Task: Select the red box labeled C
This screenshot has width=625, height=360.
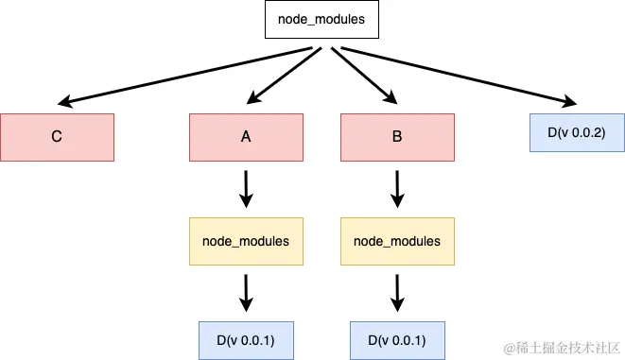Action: [x=57, y=136]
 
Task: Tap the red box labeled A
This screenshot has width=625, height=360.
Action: [x=246, y=136]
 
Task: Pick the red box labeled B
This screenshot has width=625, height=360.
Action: [x=397, y=136]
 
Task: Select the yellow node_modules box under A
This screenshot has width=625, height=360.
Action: [x=246, y=241]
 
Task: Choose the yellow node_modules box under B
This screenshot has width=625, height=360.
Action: [x=397, y=241]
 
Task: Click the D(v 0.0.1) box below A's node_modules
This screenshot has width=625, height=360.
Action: [x=246, y=339]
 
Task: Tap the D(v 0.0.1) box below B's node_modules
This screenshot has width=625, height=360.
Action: [x=397, y=339]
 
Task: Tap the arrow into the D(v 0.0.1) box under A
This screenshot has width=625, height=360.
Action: [x=246, y=292]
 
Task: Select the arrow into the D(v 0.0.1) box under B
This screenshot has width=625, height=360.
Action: [x=397, y=292]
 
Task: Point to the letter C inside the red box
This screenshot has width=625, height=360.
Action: [x=57, y=136]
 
